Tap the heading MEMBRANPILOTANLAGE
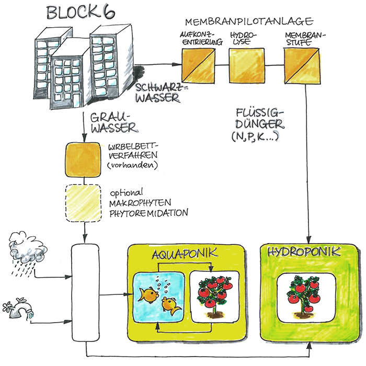pos(249,21)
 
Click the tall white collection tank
pos(85,293)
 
